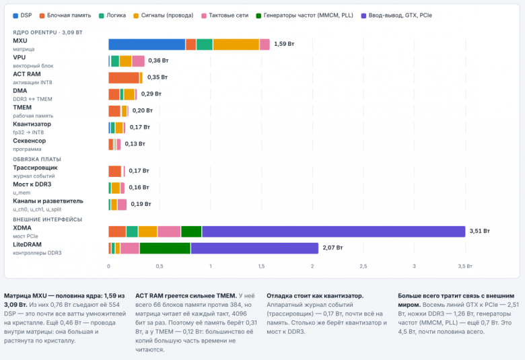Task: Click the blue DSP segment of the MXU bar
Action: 147,44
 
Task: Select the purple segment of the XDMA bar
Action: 333,231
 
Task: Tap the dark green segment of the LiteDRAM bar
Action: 165,248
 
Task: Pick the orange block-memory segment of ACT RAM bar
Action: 124,77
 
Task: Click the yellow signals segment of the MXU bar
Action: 236,44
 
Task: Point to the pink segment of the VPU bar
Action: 138,61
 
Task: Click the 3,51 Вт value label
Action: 479,231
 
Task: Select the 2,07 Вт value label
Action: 332,248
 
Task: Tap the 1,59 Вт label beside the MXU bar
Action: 284,44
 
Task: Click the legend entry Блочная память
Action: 65,15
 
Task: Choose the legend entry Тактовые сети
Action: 225,15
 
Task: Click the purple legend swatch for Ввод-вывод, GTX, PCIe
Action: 363,15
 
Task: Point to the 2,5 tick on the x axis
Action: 363,266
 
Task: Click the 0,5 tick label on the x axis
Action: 160,266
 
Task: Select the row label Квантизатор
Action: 32,124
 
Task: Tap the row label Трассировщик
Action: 35,168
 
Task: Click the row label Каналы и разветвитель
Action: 48,201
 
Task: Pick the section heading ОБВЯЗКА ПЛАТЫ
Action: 37,159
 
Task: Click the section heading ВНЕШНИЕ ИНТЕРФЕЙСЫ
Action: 47,219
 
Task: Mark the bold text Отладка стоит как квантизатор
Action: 315,296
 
